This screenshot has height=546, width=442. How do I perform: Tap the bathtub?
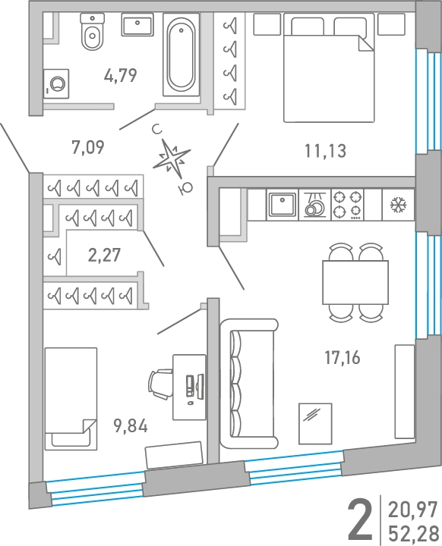181,55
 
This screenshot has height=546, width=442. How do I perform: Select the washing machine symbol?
56,84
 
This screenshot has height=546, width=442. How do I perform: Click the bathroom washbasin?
137,24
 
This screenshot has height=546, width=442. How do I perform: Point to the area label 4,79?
121,76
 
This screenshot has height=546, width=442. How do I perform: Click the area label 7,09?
88,147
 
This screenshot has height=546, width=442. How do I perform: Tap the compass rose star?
172,158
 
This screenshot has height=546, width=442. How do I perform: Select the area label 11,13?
325,151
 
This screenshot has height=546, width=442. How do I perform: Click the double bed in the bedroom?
329,68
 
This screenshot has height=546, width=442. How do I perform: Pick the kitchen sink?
283,205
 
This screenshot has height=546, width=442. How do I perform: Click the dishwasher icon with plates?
314,205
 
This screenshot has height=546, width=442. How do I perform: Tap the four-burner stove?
347,205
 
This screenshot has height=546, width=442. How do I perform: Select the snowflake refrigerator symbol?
398,205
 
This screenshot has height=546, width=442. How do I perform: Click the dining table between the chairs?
355,282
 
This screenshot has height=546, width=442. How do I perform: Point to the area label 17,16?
343,358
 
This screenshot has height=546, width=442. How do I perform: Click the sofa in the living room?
249,384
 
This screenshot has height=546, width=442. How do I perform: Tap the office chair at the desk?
160,384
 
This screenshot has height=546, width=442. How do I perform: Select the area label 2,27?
104,255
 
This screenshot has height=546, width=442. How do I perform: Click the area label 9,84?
131,425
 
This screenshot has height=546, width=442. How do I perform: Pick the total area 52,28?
413,533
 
